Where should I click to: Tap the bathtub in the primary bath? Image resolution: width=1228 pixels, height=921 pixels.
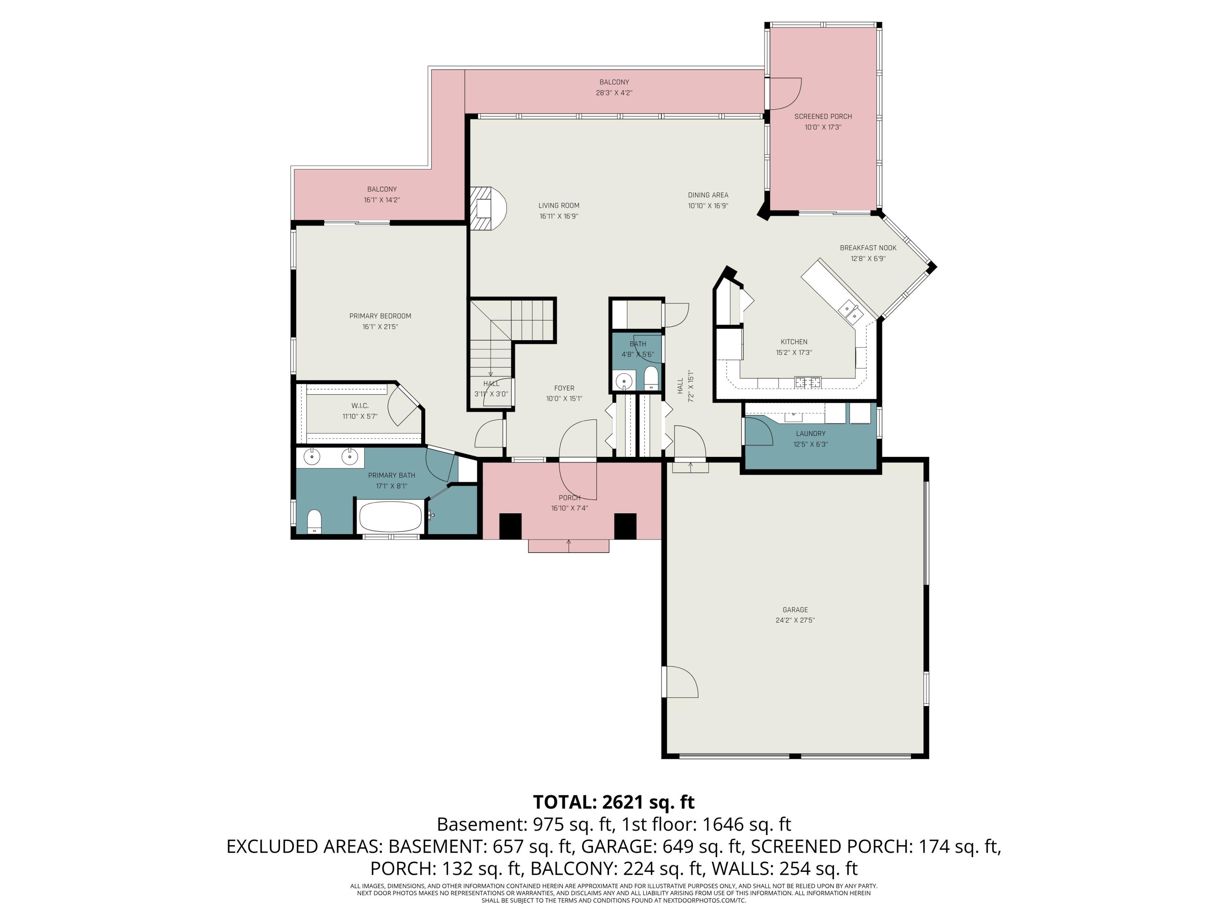(x=390, y=517)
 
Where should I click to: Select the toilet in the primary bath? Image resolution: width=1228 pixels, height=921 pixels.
(x=314, y=521)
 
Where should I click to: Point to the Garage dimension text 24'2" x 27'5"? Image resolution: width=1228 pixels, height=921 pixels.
(x=795, y=620)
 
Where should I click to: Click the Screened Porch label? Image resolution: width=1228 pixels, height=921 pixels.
(x=823, y=117)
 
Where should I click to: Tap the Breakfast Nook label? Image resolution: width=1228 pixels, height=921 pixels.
(x=868, y=248)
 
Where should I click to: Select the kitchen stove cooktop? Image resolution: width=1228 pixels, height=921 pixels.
(x=807, y=382)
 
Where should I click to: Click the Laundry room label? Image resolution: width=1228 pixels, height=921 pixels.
(x=810, y=433)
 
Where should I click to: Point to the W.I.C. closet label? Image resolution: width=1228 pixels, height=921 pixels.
(x=360, y=406)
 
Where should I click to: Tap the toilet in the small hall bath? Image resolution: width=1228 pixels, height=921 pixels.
(x=651, y=379)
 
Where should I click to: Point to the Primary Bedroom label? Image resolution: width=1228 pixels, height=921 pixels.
(x=380, y=316)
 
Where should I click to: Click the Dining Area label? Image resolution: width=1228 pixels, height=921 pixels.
(x=708, y=195)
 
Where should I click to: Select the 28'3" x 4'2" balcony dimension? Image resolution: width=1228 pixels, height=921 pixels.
(x=614, y=93)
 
